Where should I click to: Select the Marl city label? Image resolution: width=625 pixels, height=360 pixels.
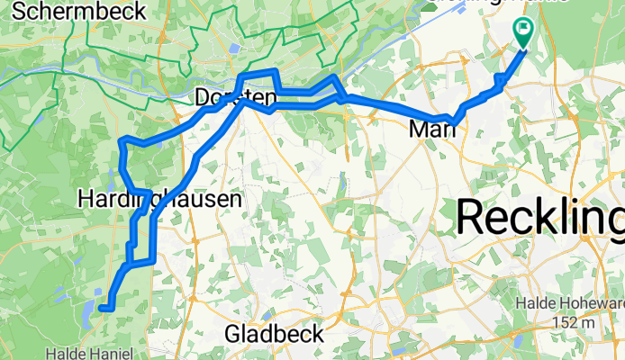(x=432, y=130)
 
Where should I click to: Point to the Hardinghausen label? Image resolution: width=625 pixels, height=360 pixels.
(x=159, y=198)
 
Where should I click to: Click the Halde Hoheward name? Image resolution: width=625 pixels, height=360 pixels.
(x=569, y=305)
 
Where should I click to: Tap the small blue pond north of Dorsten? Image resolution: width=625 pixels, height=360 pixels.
(x=235, y=49)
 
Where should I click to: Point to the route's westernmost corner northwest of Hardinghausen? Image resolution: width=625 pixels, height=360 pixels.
(x=122, y=141)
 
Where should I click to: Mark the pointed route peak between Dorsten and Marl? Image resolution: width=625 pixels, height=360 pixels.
(x=335, y=78)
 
